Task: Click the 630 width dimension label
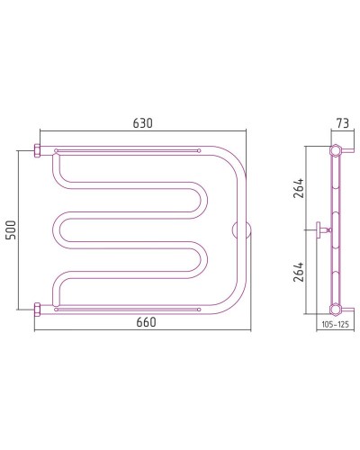(x=143, y=123)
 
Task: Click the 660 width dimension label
(x=146, y=322)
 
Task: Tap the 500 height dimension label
(x=12, y=229)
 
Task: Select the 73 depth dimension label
(x=342, y=123)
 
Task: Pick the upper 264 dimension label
(x=299, y=188)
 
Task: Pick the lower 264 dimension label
(x=299, y=272)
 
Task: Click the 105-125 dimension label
(x=336, y=324)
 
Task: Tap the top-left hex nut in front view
(x=38, y=150)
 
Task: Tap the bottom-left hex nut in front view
(x=38, y=310)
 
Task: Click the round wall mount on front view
(x=242, y=230)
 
